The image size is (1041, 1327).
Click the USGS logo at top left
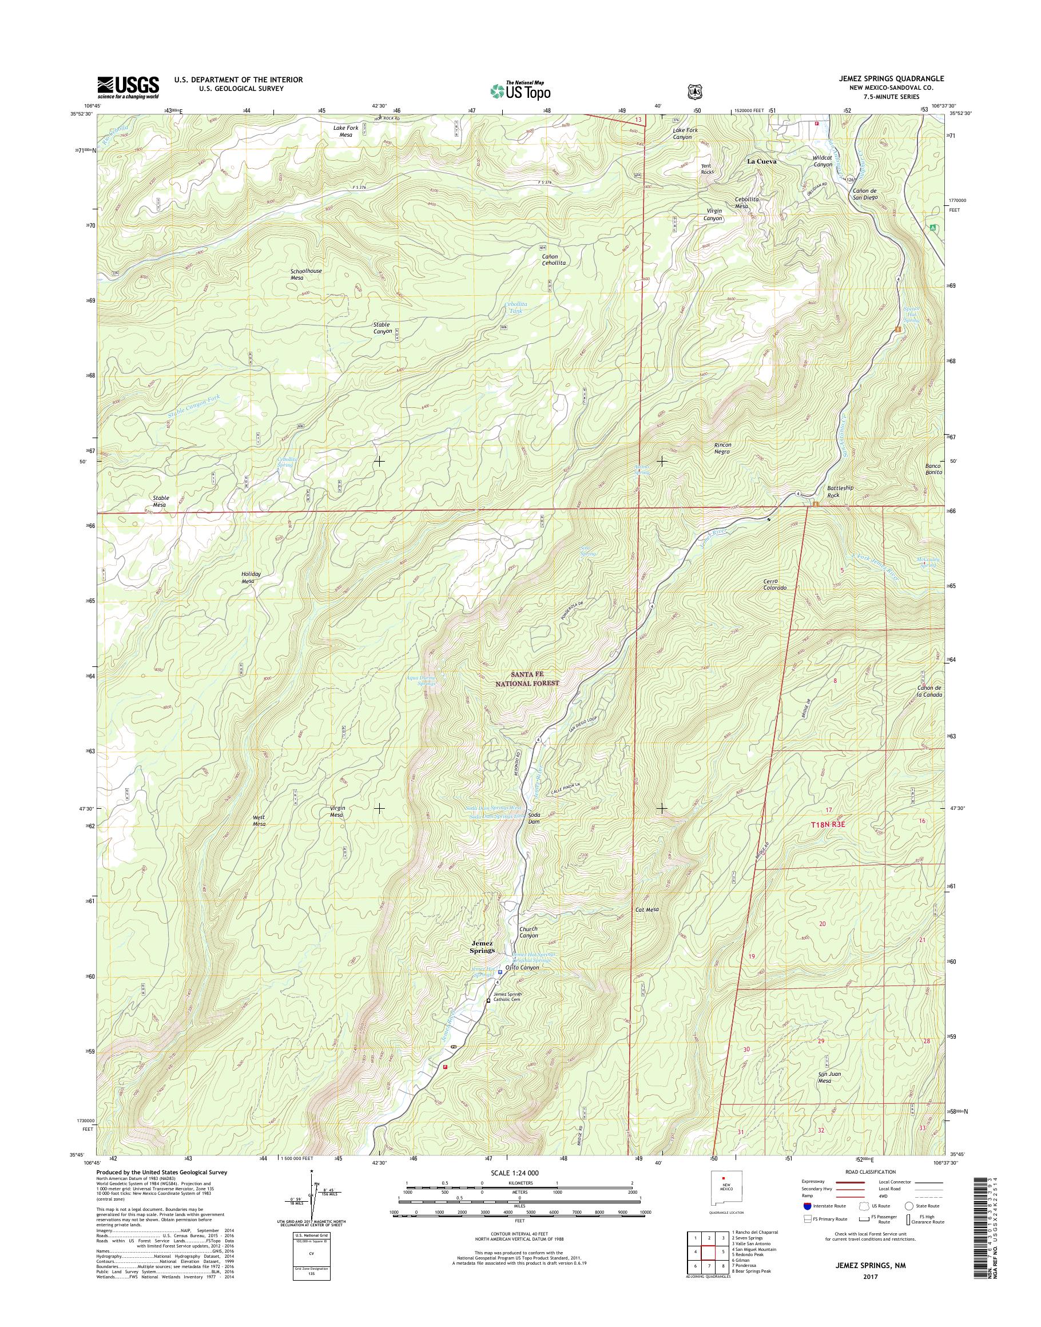[x=128, y=87]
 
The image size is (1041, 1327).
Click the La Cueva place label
[x=762, y=161]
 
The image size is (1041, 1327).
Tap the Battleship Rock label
[x=840, y=491]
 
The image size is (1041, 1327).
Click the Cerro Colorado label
[x=774, y=584]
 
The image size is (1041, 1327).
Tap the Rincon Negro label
[x=722, y=448]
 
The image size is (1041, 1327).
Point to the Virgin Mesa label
[x=337, y=811]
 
